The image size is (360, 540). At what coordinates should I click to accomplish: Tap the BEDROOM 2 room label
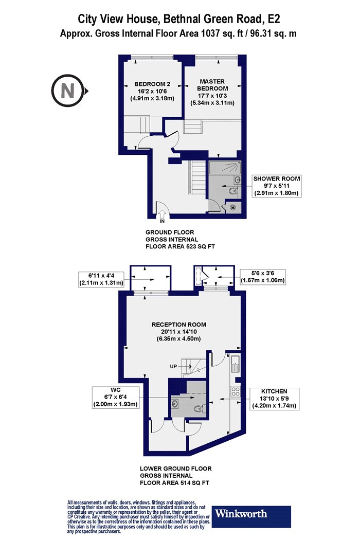tap(152, 91)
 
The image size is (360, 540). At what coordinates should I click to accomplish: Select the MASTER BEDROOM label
tap(212, 92)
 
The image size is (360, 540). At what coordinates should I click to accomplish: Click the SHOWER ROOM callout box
tap(276, 186)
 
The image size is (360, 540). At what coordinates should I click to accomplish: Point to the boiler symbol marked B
tap(233, 207)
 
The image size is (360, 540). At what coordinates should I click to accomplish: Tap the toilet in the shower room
tap(233, 191)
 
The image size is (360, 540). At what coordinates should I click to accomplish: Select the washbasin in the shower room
tap(237, 179)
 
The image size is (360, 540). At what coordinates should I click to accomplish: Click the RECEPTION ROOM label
tap(179, 331)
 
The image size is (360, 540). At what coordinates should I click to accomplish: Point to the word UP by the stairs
tap(173, 366)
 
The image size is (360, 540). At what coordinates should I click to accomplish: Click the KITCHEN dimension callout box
tap(274, 399)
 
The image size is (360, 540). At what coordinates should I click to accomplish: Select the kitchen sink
tap(236, 364)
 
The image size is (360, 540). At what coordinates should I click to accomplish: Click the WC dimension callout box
tap(115, 397)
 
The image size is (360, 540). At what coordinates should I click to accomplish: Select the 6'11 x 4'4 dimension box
tap(101, 279)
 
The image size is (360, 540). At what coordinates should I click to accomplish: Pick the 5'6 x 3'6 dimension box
tap(262, 277)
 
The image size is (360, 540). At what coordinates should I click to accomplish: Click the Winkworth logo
tap(251, 516)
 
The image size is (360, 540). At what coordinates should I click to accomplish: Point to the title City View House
tap(117, 19)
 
